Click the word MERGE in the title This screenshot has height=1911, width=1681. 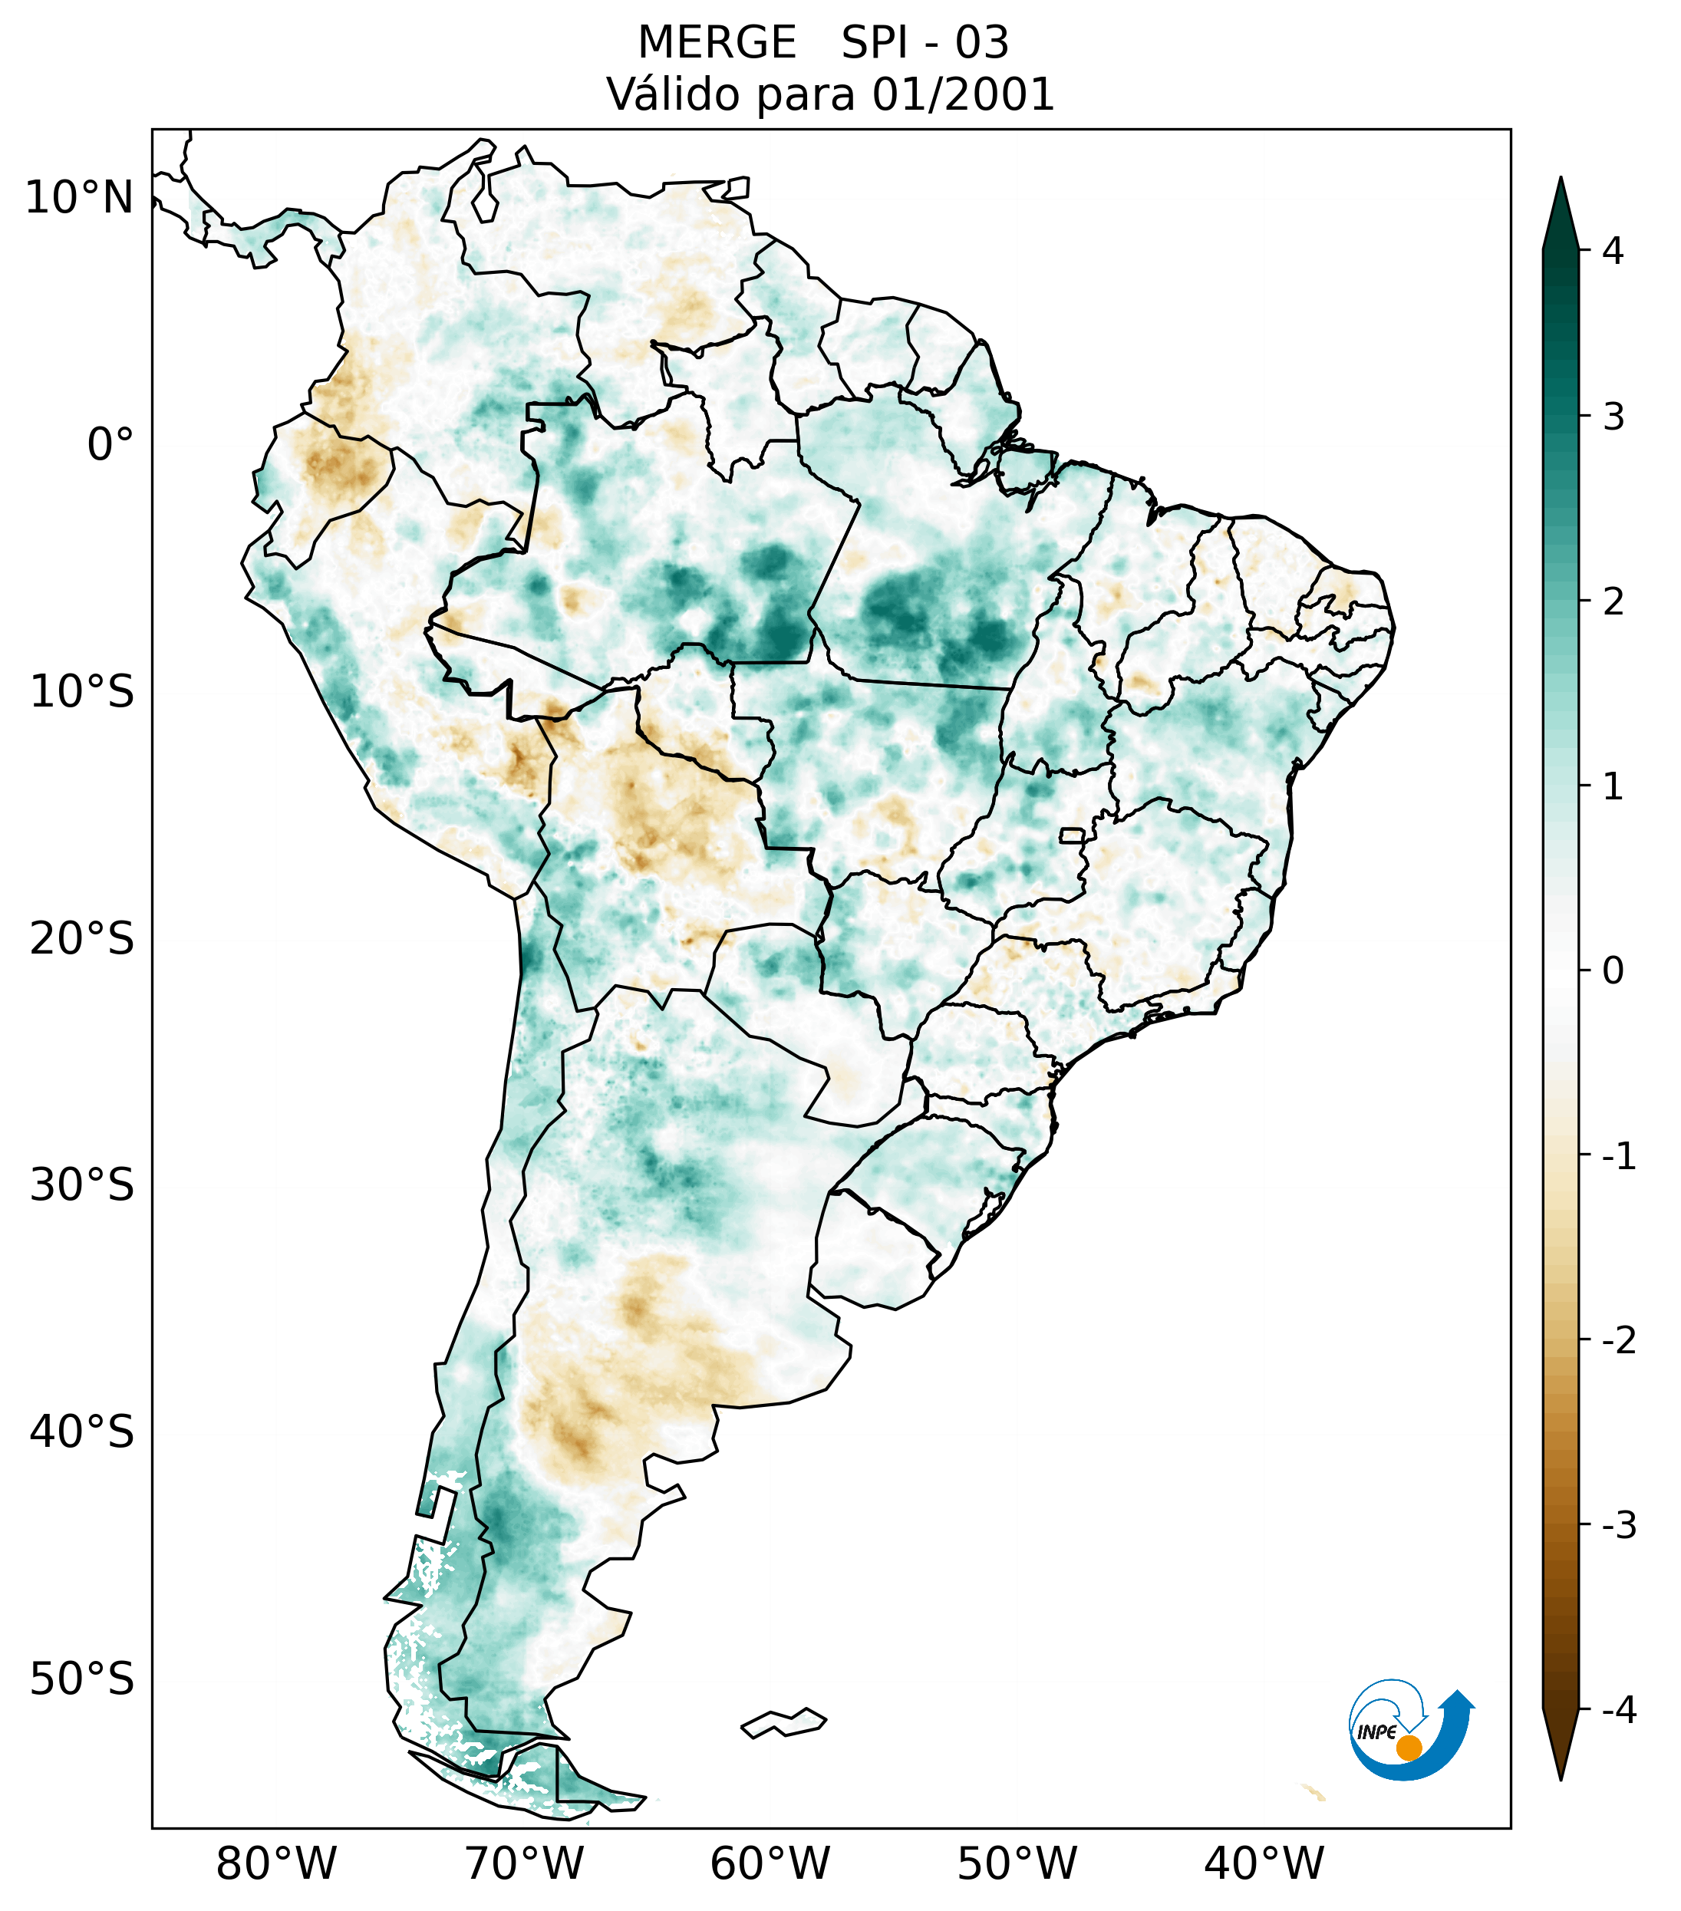(716, 43)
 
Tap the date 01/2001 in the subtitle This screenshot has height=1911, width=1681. (964, 94)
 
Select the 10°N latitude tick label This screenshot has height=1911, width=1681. (80, 198)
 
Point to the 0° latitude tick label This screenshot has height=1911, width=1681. (110, 445)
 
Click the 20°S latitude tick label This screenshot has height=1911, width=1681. (82, 939)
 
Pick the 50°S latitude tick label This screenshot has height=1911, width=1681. (82, 1679)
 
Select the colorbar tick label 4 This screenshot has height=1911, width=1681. (1613, 251)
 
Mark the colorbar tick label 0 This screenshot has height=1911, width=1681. (1613, 971)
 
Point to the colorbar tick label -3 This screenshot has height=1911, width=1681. (1618, 1525)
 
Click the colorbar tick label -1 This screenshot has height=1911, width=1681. (1618, 1157)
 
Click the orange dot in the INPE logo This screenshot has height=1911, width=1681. (1409, 1748)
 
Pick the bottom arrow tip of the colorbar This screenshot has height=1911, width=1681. (1560, 1778)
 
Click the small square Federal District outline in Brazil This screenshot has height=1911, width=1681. (1071, 835)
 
